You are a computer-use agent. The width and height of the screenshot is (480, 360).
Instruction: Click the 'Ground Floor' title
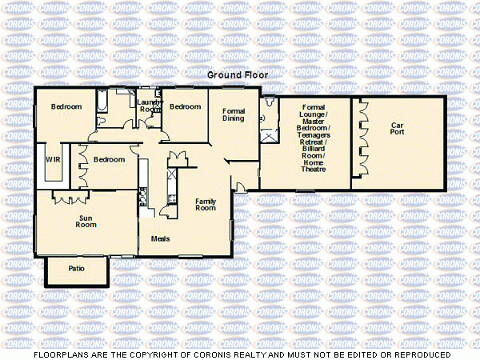coord(238,74)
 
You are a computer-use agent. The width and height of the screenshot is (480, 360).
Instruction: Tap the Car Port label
coord(398,128)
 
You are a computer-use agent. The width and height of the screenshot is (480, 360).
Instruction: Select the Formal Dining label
coord(234,114)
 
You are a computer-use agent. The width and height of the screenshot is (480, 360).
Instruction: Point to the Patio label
coord(76,269)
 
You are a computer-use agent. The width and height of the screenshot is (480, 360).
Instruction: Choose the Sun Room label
coord(86,221)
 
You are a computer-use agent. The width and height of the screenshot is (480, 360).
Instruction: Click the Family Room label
coord(206,204)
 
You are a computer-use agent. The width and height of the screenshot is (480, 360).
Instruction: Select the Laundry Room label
coord(149,106)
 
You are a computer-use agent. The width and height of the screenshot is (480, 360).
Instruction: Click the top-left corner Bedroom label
coord(66,107)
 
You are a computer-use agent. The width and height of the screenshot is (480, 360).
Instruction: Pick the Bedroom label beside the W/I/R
coord(109,159)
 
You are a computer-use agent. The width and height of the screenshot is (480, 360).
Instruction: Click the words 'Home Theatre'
coord(313,166)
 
